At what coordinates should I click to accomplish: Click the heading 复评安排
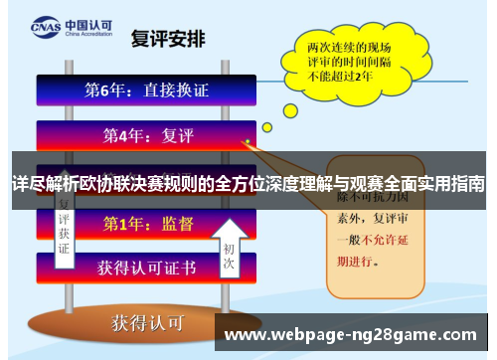click(x=168, y=40)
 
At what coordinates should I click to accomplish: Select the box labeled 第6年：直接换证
click(x=146, y=90)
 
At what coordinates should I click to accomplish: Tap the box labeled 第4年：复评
click(x=146, y=133)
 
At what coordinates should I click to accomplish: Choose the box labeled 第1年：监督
click(x=146, y=225)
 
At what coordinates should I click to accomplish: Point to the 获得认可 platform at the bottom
click(x=146, y=321)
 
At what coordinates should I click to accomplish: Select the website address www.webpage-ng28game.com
click(x=354, y=335)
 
